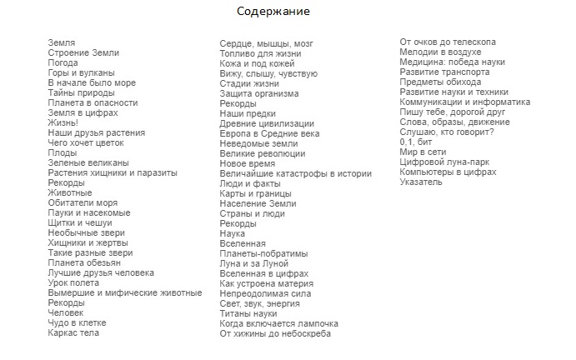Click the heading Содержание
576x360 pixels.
coord(273,12)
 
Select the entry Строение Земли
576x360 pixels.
coord(83,52)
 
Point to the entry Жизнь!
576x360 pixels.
coord(63,122)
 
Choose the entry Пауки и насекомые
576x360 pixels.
coord(89,212)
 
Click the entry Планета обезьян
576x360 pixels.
coord(84,262)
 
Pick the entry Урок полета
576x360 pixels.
coord(73,283)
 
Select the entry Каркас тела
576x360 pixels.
coord(73,333)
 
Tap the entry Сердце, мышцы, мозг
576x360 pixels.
coord(267,43)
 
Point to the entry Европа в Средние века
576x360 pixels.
coord(269,133)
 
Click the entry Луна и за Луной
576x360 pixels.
coord(253,263)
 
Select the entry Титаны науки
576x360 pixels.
coord(248,313)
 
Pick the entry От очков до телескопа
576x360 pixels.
coord(448,42)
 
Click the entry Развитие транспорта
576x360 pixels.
coord(445,72)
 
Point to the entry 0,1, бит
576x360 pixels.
coord(416,142)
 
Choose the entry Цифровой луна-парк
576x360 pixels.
coord(441,162)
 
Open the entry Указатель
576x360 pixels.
coord(422,182)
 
